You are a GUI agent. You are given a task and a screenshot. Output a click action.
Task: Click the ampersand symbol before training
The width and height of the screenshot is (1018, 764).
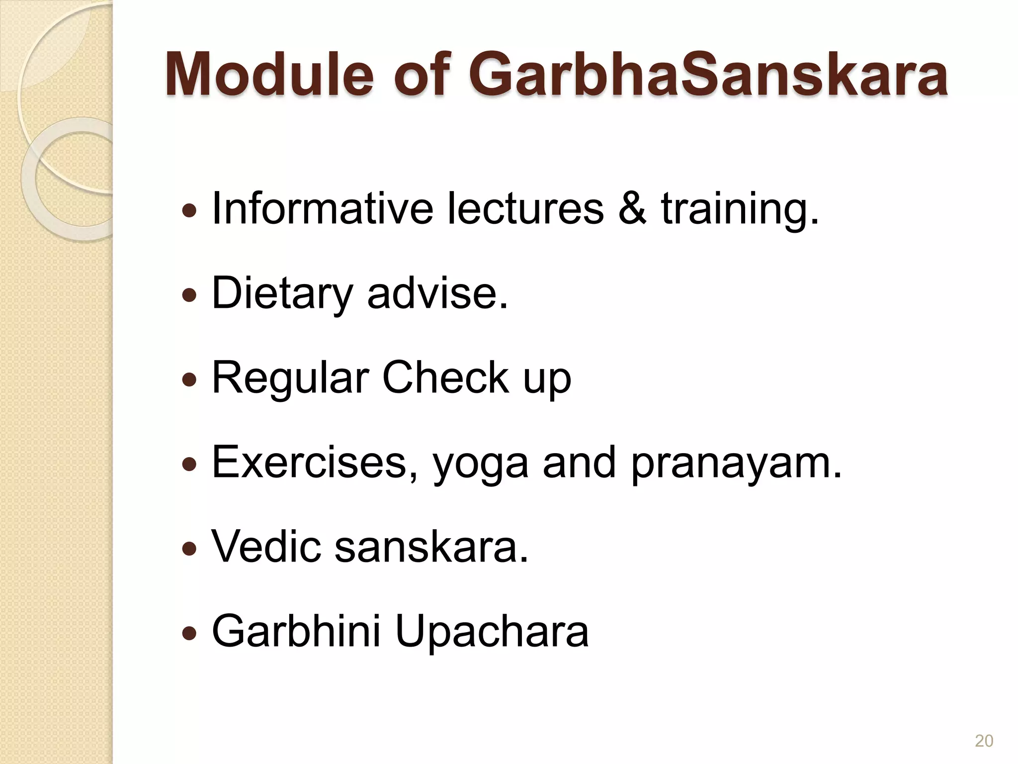(633, 209)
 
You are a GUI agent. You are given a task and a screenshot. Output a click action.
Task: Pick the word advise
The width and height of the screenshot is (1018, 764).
(437, 293)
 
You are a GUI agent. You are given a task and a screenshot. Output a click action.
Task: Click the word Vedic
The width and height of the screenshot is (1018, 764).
(266, 547)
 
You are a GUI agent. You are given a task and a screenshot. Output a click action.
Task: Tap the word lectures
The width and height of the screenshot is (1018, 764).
(525, 209)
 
